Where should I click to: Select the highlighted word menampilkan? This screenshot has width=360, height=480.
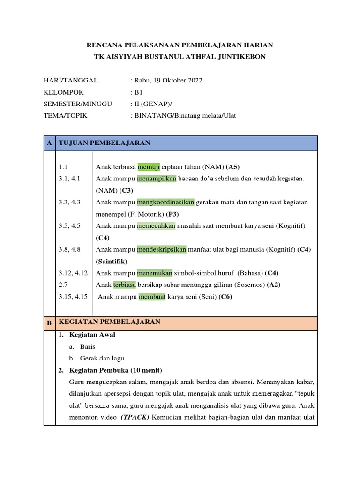pos(157,179)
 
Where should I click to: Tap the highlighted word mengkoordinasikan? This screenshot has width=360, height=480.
pos(165,202)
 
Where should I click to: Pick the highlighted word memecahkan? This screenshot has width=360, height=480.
pos(156,226)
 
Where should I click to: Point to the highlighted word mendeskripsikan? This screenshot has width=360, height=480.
pos(162,249)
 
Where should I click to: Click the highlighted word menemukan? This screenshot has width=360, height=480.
pos(155,273)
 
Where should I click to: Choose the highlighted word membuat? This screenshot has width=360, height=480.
pos(152,297)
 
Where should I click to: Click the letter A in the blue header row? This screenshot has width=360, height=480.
pos(49,143)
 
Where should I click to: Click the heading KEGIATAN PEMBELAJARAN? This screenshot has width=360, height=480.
pos(110,322)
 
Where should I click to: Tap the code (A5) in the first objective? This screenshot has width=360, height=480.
pos(233,167)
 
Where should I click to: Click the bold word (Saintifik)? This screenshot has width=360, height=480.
pos(112,261)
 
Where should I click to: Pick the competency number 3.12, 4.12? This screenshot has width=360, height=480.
pos(74,273)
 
